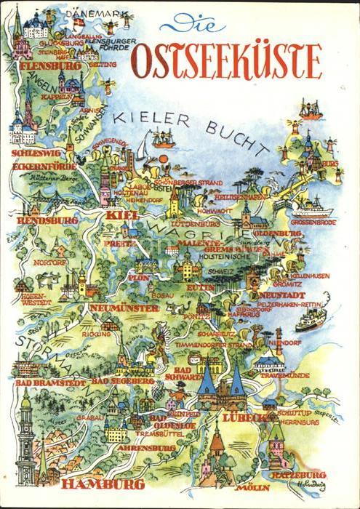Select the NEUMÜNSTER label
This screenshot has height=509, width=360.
click(x=123, y=308)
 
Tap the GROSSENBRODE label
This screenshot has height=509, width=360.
click(x=313, y=223)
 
